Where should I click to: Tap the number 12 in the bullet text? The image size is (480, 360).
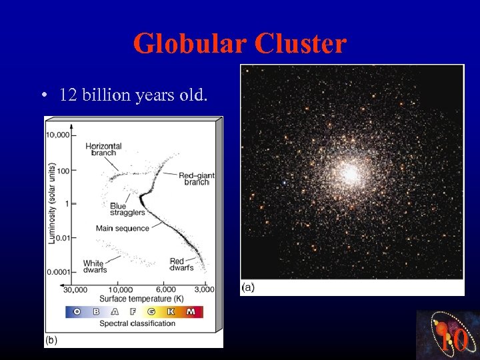[67, 95]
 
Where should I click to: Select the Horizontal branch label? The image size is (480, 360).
[103, 149]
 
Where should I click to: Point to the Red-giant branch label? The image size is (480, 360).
[196, 179]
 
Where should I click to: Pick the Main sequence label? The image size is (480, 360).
[123, 228]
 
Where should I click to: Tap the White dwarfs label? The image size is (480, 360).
[93, 267]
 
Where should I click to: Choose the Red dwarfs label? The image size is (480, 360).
[181, 265]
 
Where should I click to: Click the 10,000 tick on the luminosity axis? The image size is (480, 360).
[57, 135]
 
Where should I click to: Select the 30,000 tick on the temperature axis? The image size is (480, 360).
[75, 289]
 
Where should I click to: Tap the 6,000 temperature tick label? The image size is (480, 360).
[166, 289]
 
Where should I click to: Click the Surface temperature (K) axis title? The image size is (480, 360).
[141, 298]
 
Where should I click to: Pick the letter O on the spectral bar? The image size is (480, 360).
[77, 311]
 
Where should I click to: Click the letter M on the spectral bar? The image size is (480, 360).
[191, 311]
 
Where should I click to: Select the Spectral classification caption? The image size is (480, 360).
[137, 323]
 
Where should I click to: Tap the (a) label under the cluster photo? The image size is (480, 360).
[247, 287]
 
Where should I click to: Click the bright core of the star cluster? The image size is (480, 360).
[349, 173]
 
